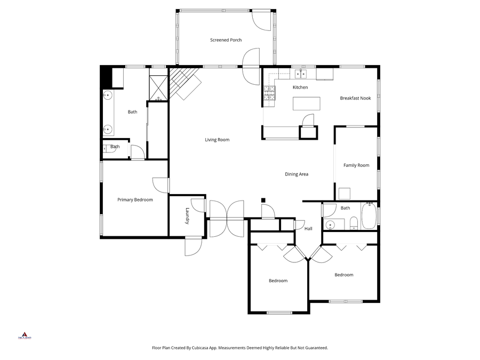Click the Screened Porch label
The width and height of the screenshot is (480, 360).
(226, 40)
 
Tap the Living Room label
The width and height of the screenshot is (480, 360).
(217, 140)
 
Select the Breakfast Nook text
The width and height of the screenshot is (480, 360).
(355, 98)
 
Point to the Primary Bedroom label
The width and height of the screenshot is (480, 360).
(135, 200)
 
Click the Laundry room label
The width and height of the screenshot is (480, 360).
(188, 215)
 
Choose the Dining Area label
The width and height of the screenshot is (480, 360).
(297, 174)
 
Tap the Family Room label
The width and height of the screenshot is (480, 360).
(356, 165)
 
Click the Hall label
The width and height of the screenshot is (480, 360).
(308, 229)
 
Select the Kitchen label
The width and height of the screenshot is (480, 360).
(300, 87)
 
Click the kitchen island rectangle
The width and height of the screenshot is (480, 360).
(307, 103)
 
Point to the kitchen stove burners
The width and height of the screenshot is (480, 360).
(269, 93)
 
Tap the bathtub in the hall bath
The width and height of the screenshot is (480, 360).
(369, 217)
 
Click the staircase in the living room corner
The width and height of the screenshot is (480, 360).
(185, 84)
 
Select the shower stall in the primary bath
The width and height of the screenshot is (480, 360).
(158, 89)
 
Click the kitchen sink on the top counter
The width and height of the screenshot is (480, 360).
(302, 74)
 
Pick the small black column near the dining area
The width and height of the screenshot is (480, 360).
(263, 201)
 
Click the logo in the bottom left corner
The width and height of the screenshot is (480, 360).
(25, 335)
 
